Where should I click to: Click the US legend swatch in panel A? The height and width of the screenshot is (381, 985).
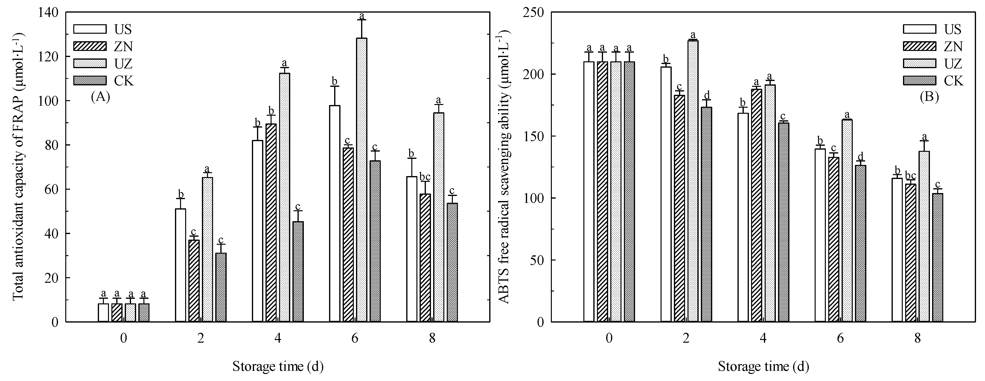[x=90, y=29]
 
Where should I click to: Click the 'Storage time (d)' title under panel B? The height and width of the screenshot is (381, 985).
[x=763, y=367]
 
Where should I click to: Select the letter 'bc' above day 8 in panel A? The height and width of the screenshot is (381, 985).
[x=425, y=177]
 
